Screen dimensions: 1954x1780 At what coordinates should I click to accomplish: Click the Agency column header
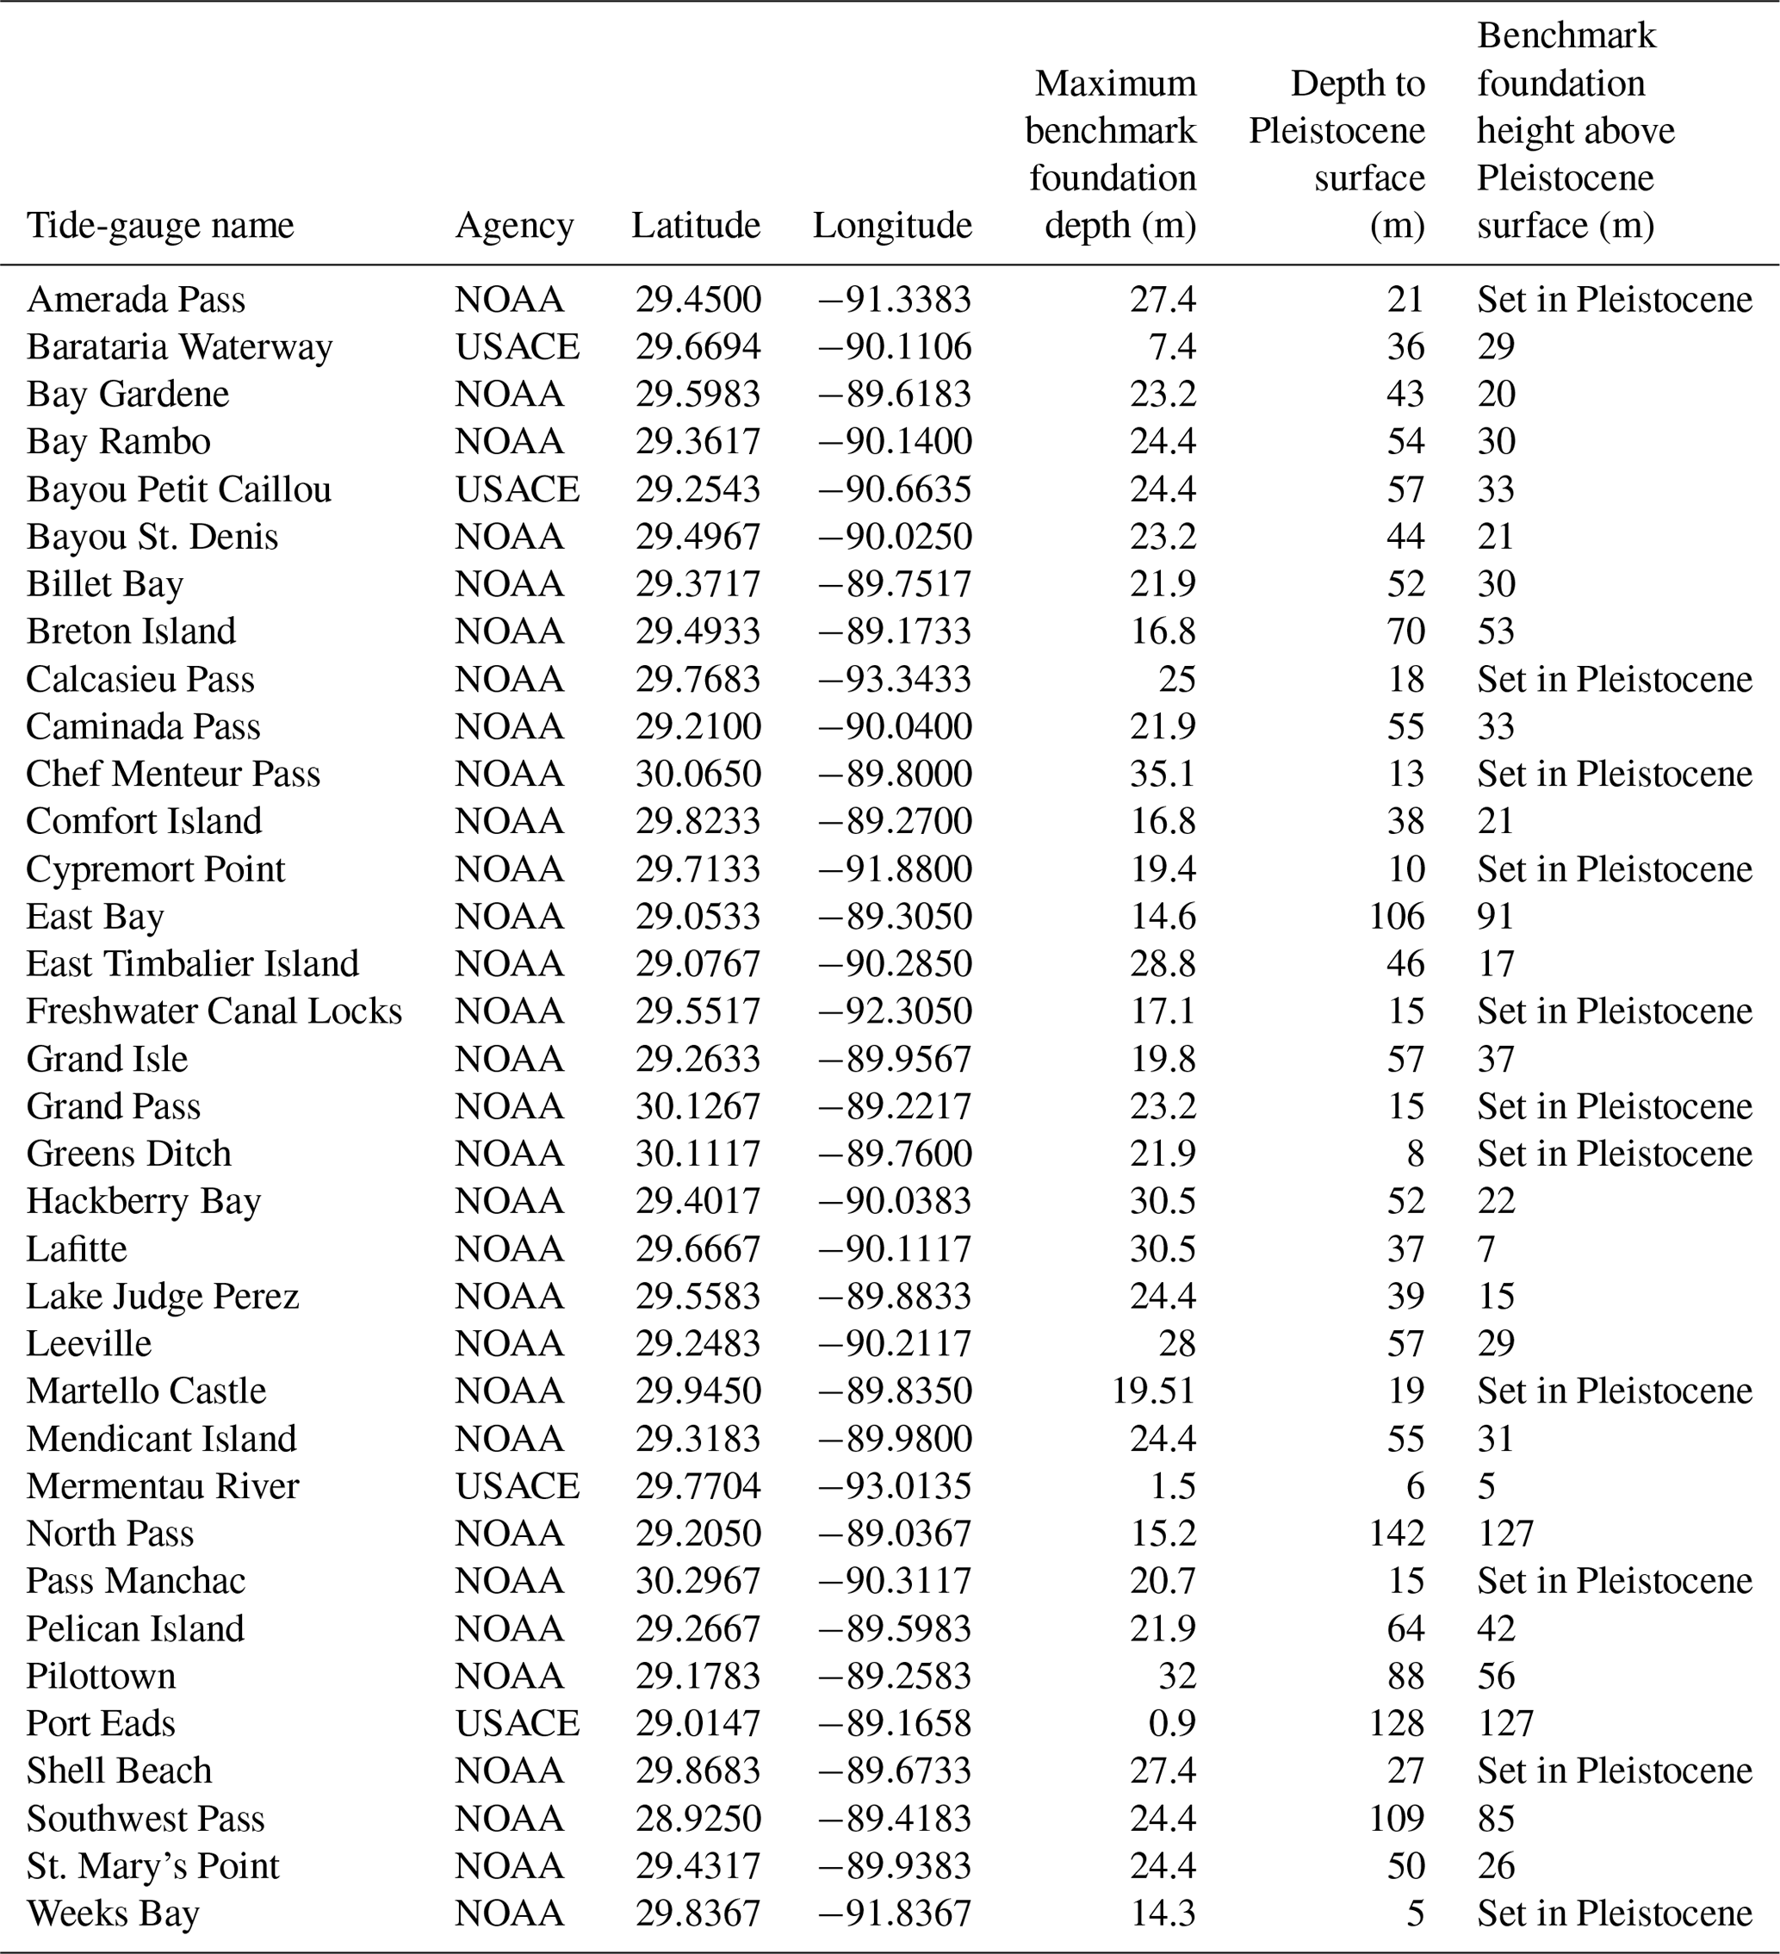pyautogui.click(x=514, y=226)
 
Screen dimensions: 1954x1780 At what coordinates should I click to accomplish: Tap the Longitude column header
pyautogui.click(x=891, y=226)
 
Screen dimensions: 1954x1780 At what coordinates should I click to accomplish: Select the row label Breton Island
pyautogui.click(x=131, y=631)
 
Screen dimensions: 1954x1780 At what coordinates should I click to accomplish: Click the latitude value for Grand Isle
pyautogui.click(x=698, y=1058)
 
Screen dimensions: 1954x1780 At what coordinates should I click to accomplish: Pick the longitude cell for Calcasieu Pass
pyautogui.click(x=893, y=679)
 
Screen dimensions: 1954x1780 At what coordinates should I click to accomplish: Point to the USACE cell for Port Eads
pyautogui.click(x=518, y=1722)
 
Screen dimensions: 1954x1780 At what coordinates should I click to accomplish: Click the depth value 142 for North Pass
pyautogui.click(x=1396, y=1533)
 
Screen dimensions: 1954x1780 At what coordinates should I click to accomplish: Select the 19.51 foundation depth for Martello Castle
pyautogui.click(x=1153, y=1390)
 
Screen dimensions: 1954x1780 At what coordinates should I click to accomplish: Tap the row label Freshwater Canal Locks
pyautogui.click(x=214, y=1011)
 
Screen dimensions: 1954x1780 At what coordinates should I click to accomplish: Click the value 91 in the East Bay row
pyautogui.click(x=1495, y=916)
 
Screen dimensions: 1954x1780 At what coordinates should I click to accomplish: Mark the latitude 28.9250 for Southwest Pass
pyautogui.click(x=698, y=1817)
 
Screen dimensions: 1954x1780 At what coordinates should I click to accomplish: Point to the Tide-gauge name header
pyautogui.click(x=160, y=226)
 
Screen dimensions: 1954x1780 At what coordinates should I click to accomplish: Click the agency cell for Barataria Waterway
pyautogui.click(x=518, y=347)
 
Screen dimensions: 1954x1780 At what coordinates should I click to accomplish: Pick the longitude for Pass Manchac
pyautogui.click(x=893, y=1580)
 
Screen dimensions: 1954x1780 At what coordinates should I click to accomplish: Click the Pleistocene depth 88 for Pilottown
pyautogui.click(x=1406, y=1675)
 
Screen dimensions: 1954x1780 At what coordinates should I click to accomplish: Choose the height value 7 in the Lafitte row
pyautogui.click(x=1486, y=1248)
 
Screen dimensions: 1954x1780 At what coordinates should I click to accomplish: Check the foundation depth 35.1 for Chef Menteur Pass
pyautogui.click(x=1163, y=774)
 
